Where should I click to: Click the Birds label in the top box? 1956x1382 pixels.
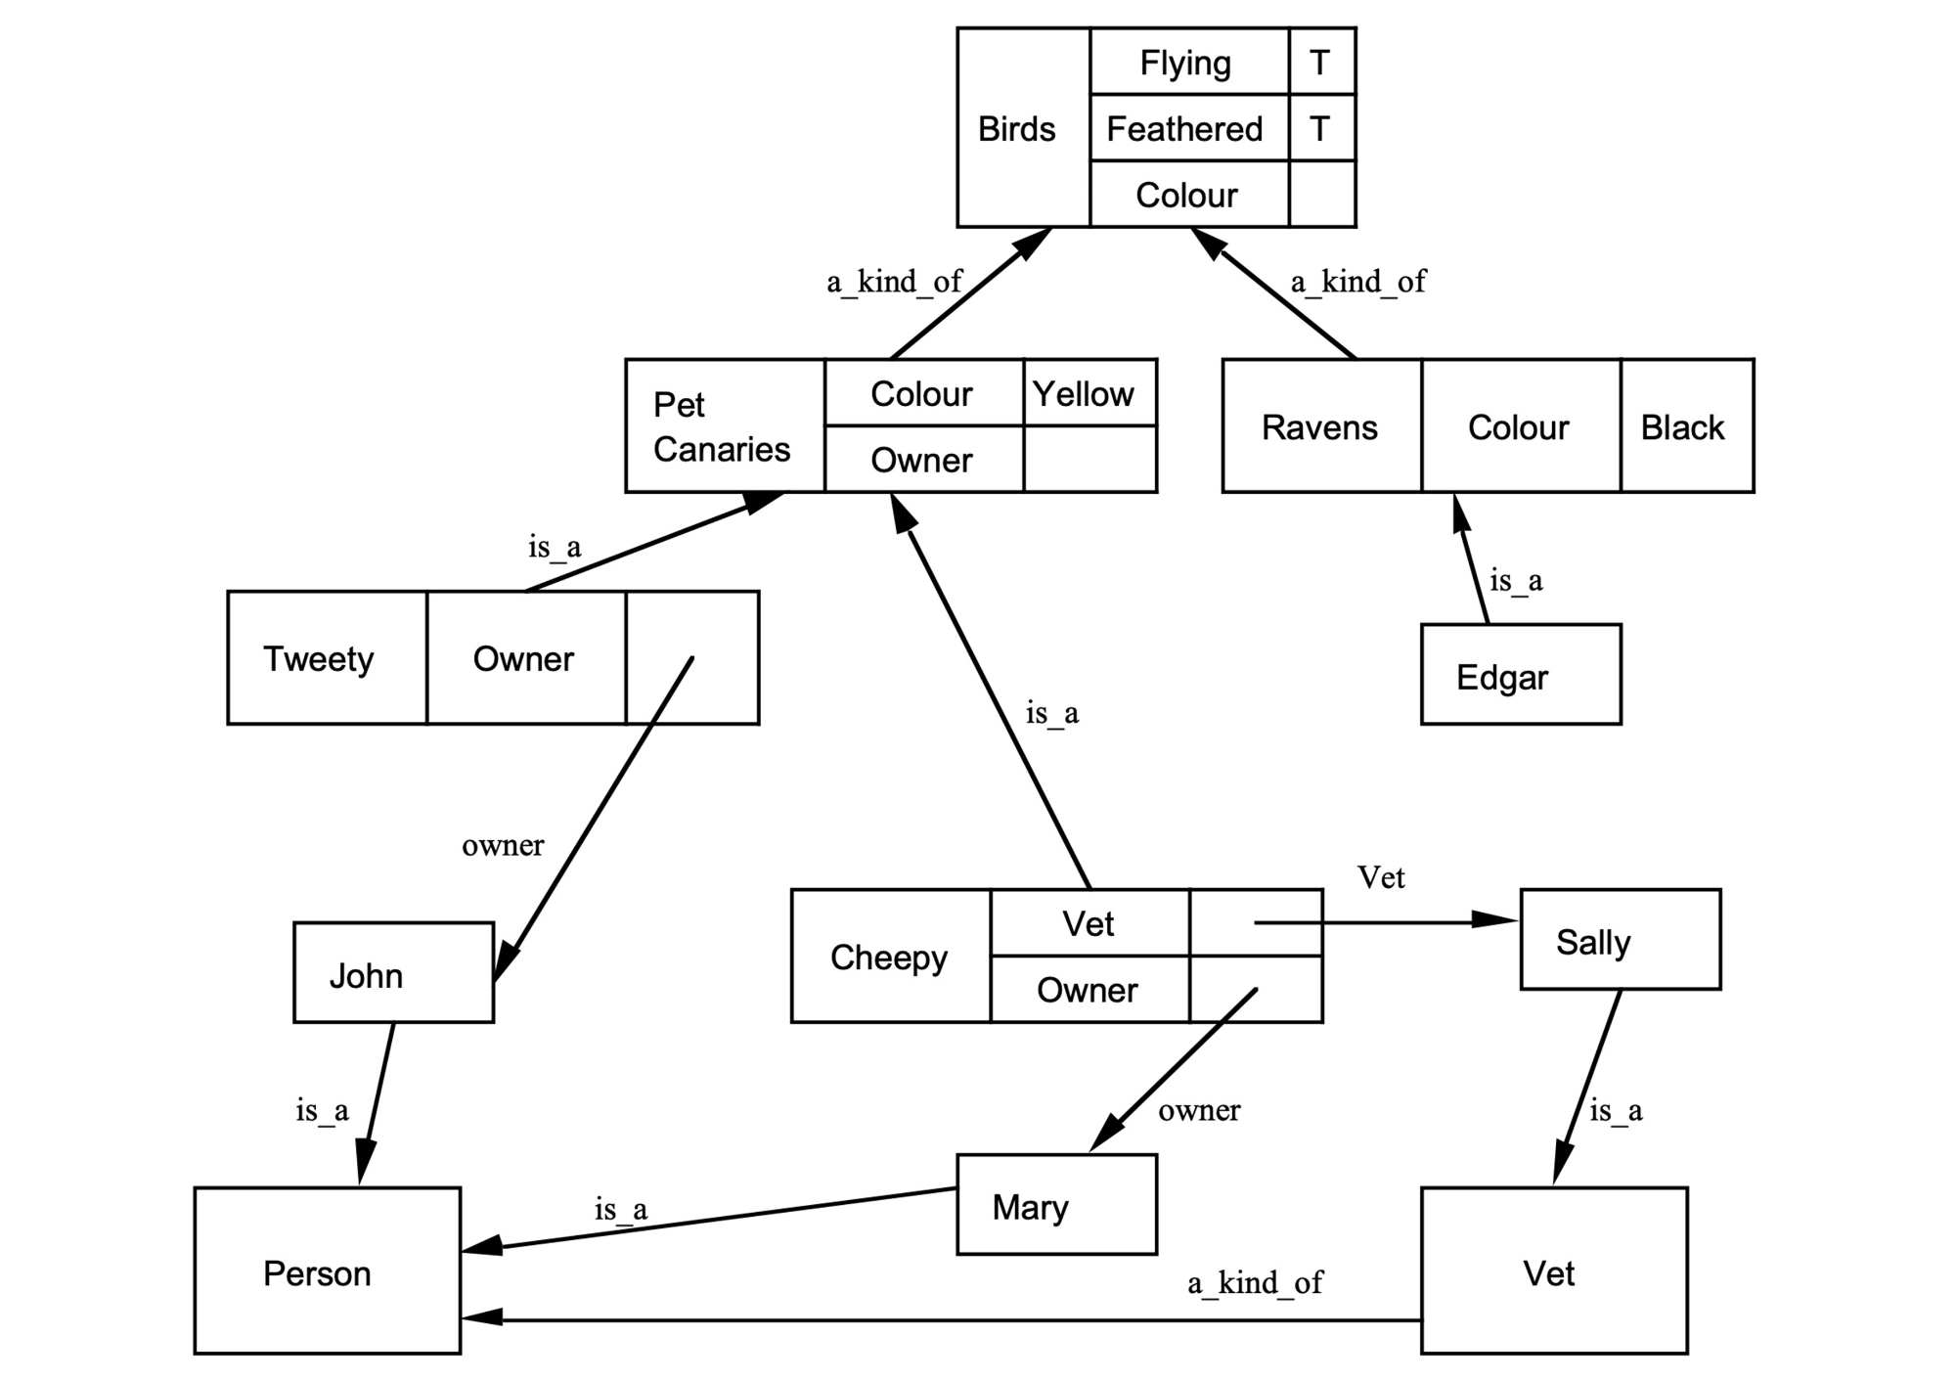pyautogui.click(x=1017, y=129)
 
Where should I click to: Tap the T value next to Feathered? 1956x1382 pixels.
pyautogui.click(x=1321, y=128)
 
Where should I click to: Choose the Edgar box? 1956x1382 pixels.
pyautogui.click(x=1520, y=675)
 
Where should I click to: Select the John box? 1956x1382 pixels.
pyautogui.click(x=393, y=973)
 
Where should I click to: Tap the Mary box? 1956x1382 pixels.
pyautogui.click(x=1055, y=1205)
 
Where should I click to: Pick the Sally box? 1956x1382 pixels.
pyautogui.click(x=1620, y=940)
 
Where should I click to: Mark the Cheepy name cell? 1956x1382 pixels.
pyautogui.click(x=890, y=957)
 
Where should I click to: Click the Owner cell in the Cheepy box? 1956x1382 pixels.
pyautogui.click(x=1089, y=990)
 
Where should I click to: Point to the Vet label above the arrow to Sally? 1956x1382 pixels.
pyautogui.click(x=1381, y=877)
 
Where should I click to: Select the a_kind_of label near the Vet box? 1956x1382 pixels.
pyautogui.click(x=1255, y=1282)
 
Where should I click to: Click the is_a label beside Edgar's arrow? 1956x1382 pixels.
pyautogui.click(x=1516, y=581)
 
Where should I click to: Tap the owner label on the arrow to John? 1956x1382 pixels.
pyautogui.click(x=503, y=845)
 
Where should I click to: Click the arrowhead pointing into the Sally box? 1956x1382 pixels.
pyautogui.click(x=1496, y=919)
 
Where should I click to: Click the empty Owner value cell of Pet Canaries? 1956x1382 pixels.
pyautogui.click(x=1089, y=460)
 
